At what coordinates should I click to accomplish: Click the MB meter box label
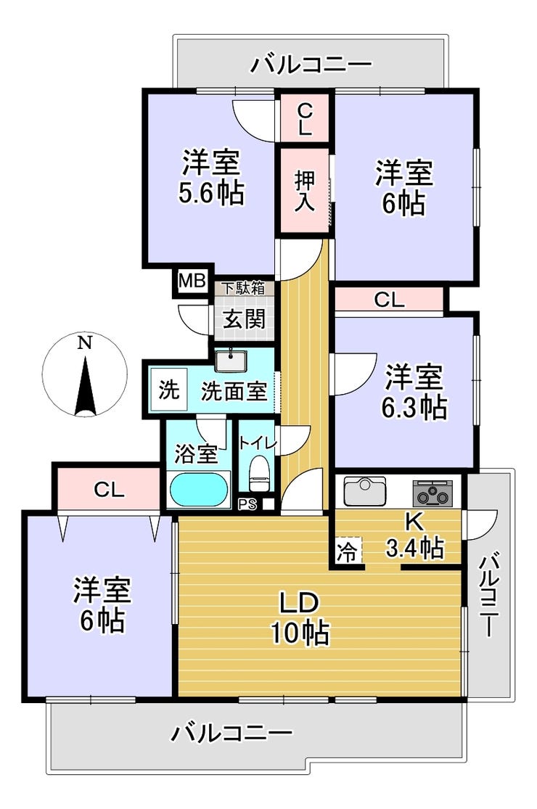coord(192,282)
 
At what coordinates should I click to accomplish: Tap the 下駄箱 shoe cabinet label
coord(243,288)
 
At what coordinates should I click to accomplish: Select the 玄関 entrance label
coord(244,319)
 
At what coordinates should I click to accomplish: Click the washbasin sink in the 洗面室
coord(231,361)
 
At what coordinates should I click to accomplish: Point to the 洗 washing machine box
coord(168,390)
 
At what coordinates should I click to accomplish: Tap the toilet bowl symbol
coord(258,473)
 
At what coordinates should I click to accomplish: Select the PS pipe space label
coord(247,504)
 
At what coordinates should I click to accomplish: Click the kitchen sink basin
coord(365,491)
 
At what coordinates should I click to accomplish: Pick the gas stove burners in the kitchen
coord(433,493)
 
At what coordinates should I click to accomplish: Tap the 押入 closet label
coord(304,190)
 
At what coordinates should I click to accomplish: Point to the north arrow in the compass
coord(85,385)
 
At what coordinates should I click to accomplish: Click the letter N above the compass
coord(85,342)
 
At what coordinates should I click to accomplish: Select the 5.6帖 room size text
coord(211,193)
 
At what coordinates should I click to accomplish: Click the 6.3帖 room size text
coord(414,408)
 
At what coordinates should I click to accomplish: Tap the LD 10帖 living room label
coord(300,617)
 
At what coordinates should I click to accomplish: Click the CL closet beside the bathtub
coord(109,489)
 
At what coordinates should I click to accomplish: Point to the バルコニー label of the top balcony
coord(311,65)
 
